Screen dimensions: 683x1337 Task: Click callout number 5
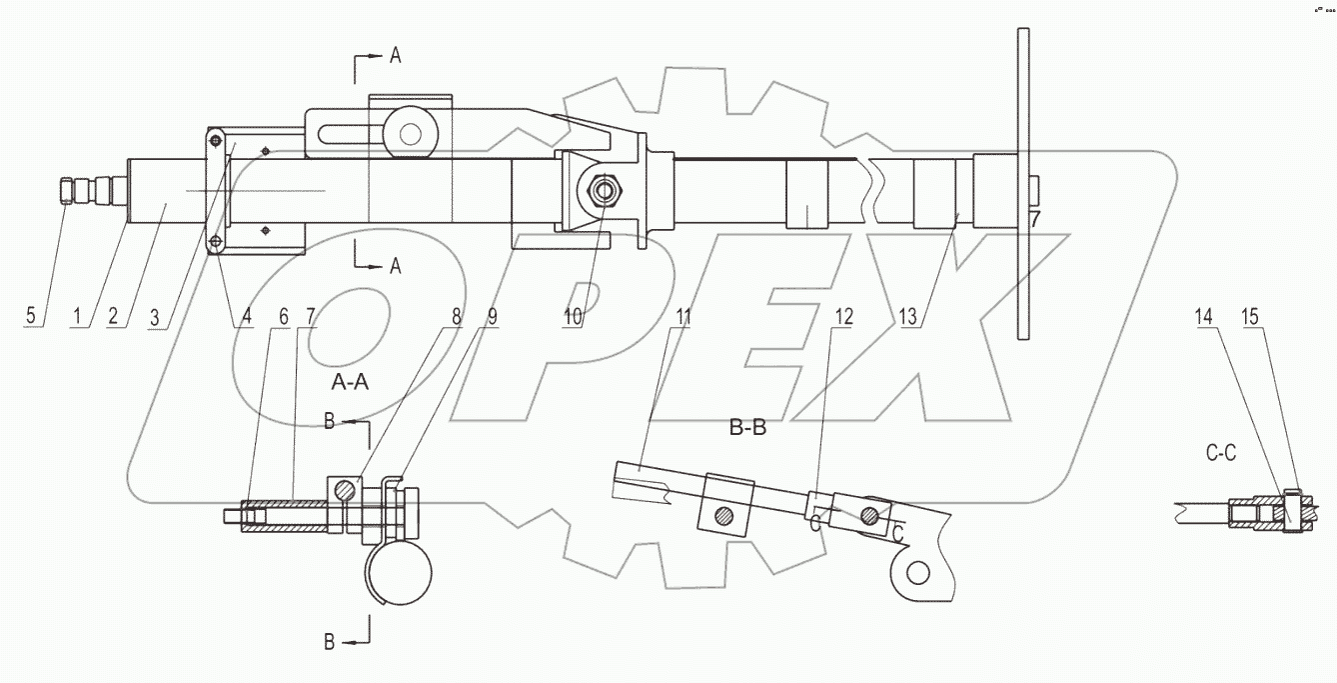(x=31, y=317)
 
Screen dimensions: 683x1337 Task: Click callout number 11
(x=682, y=317)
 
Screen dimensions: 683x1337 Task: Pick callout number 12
(x=844, y=317)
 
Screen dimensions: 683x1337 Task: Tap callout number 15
(x=1249, y=317)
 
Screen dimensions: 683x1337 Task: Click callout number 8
(x=457, y=317)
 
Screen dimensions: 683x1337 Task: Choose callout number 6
(x=284, y=317)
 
